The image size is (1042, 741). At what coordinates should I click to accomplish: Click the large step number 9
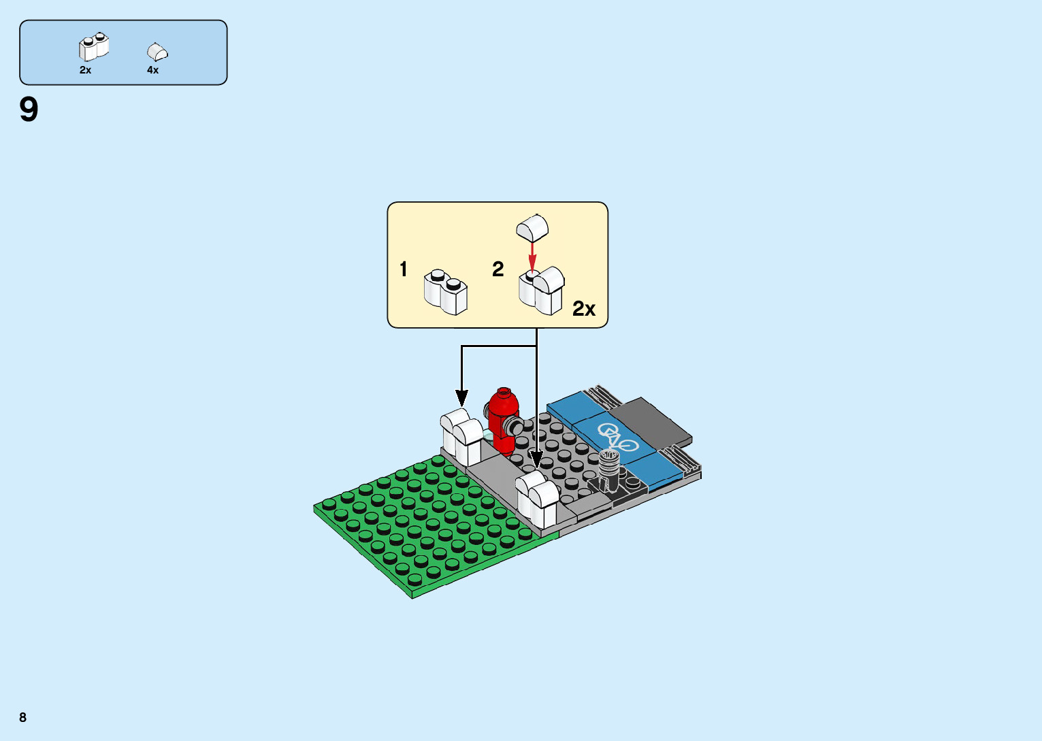29,110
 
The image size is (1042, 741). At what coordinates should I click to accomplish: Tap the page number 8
23,717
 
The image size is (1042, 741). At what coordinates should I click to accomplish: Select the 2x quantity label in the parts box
85,70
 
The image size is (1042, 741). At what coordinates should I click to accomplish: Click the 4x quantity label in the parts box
153,70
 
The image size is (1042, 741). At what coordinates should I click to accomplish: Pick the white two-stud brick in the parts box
93,48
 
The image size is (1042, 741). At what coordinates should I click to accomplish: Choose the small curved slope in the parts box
157,52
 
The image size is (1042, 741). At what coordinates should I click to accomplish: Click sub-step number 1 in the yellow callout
404,269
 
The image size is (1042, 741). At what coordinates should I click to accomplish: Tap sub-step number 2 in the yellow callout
498,269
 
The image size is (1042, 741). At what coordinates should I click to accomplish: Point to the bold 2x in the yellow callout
584,309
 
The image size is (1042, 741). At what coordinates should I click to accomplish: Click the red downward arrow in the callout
533,257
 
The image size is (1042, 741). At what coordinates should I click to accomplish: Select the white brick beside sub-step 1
446,293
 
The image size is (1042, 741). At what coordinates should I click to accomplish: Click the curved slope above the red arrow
532,227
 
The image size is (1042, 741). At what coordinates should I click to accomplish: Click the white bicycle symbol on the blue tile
618,438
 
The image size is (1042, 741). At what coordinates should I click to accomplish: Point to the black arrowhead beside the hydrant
462,399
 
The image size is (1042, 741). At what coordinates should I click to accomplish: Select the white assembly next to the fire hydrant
461,437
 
